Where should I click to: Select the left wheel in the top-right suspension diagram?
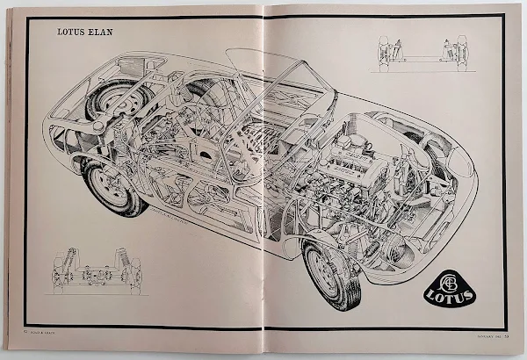[x=384, y=53]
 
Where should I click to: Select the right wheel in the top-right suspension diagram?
[x=459, y=53]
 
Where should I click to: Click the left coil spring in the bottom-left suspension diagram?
[x=61, y=263]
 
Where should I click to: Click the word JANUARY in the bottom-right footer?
[x=464, y=334]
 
